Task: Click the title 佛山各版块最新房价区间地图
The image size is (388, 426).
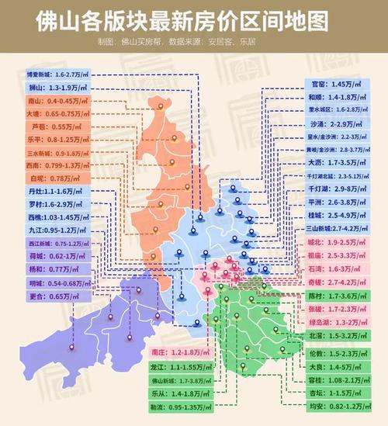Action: [194, 19]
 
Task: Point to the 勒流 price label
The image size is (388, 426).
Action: [179, 407]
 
